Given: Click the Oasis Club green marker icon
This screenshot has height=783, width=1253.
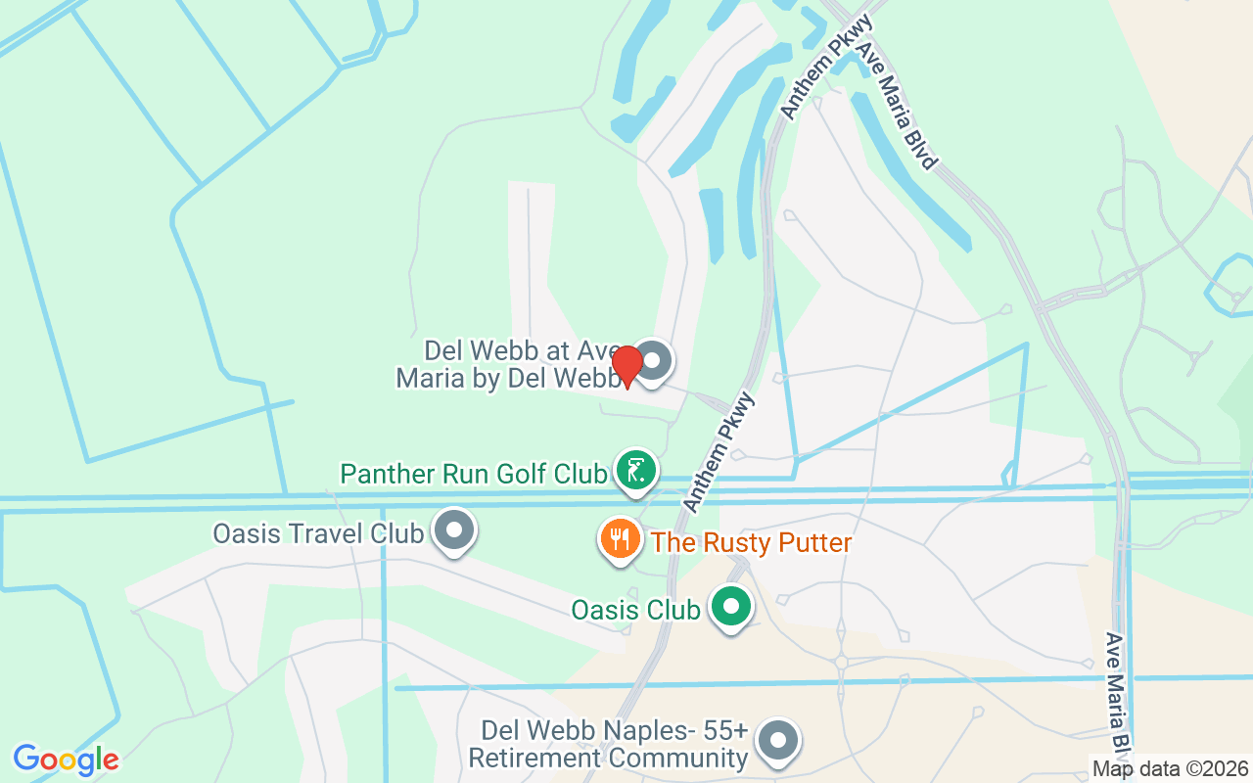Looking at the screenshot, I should click(x=729, y=608).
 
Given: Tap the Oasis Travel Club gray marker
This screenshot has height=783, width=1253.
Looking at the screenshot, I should click(x=454, y=531).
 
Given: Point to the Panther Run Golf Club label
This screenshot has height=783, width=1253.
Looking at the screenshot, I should click(x=473, y=475).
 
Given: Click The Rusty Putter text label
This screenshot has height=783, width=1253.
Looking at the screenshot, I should click(x=751, y=542).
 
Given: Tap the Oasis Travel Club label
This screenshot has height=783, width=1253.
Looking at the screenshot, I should click(x=318, y=533).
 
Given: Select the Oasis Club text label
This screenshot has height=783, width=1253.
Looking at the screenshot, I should click(x=635, y=610).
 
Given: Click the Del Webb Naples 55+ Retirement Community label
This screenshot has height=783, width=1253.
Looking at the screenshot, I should click(x=608, y=745).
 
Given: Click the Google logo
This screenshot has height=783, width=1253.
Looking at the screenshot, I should click(x=66, y=760).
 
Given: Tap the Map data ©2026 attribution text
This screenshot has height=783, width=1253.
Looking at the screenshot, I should click(x=1170, y=768).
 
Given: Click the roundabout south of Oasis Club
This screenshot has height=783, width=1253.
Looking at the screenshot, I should click(x=841, y=663).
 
